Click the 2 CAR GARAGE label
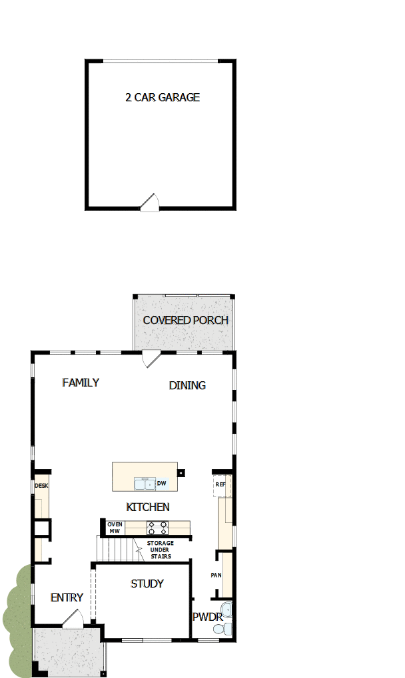163,97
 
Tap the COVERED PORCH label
185,320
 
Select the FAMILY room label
81,383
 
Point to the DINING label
187,385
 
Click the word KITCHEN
148,507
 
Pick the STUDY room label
147,584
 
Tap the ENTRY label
67,597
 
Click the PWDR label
206,617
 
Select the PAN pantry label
216,575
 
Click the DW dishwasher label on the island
161,483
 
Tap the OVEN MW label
115,528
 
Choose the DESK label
41,486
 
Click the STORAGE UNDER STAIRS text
160,550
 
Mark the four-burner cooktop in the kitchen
157,528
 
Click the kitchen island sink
143,483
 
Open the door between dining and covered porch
151,357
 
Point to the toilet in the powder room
226,628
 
